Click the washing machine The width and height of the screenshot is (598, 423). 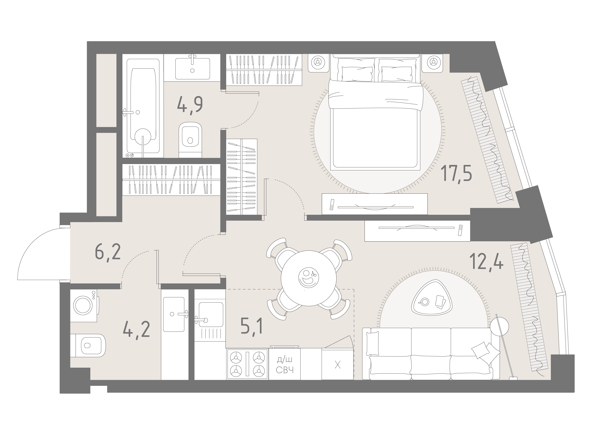tap(85, 305)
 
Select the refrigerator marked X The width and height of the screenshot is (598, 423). tap(338, 364)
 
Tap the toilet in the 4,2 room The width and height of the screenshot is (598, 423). tap(88, 346)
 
